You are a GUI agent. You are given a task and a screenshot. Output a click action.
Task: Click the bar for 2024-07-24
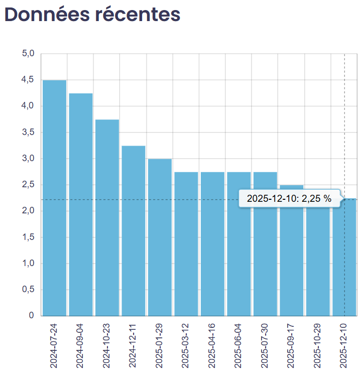pyautogui.click(x=54, y=198)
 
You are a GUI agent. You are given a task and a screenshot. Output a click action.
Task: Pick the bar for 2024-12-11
pyautogui.click(x=134, y=230)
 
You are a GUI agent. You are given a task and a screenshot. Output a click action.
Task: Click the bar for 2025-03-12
pyautogui.click(x=186, y=243)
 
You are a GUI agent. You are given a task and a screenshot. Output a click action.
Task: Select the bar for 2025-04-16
pyautogui.click(x=212, y=243)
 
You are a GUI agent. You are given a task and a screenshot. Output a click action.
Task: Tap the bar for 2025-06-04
pyautogui.click(x=238, y=243)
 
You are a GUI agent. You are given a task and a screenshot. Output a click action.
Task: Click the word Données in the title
pyautogui.click(x=46, y=14)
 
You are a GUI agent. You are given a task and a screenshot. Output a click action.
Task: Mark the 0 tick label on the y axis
pyautogui.click(x=31, y=316)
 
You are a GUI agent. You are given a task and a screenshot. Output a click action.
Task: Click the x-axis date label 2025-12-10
pyautogui.click(x=344, y=346)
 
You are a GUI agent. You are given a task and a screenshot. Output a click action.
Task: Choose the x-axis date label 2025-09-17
pyautogui.click(x=292, y=346)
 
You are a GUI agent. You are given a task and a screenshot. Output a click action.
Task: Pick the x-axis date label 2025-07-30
pyautogui.click(x=265, y=346)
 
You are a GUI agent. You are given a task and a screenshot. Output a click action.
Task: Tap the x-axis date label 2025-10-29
pyautogui.click(x=318, y=346)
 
